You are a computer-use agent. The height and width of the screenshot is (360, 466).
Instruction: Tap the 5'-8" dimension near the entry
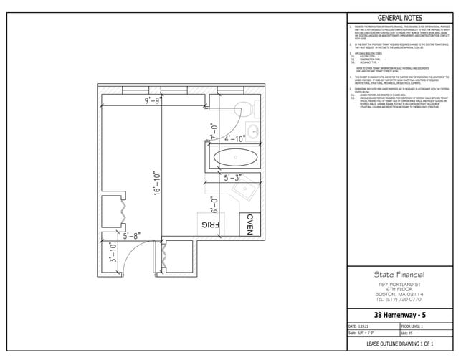(133, 235)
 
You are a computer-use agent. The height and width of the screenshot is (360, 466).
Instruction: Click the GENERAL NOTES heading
(399, 18)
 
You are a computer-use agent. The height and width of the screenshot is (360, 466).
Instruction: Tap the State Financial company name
(399, 275)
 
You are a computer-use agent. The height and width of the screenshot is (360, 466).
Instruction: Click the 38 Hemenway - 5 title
(399, 315)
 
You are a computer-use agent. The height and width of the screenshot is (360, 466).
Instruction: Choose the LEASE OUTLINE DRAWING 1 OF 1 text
(399, 345)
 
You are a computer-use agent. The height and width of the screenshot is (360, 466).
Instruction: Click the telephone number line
(399, 300)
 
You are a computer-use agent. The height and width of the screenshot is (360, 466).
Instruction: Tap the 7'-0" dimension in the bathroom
(213, 133)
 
